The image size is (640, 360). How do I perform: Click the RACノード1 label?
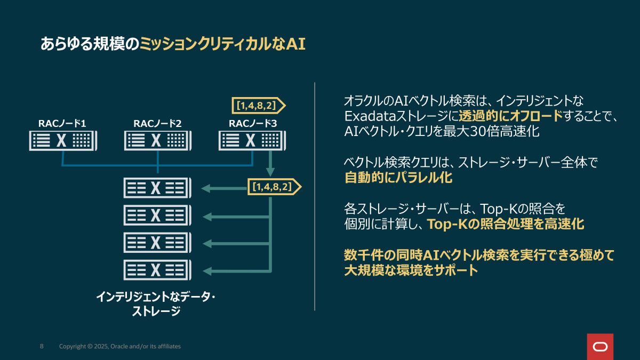tap(62, 124)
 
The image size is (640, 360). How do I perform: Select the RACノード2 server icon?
tap(157, 141)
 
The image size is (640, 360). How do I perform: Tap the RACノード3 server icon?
tap(252, 141)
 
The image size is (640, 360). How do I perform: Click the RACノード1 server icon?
tap(62, 141)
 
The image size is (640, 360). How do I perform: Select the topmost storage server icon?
tap(156, 187)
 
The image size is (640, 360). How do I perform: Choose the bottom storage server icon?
tap(156, 270)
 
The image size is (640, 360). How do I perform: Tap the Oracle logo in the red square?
tap(600, 347)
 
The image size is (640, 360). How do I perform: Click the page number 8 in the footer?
tap(42, 347)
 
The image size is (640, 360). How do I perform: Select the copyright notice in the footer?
tap(119, 347)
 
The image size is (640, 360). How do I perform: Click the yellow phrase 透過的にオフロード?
tap(510, 116)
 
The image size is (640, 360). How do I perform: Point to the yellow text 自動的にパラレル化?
tap(398, 178)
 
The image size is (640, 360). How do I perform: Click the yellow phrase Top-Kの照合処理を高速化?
tap(506, 224)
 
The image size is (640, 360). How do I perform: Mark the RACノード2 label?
tap(157, 124)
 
